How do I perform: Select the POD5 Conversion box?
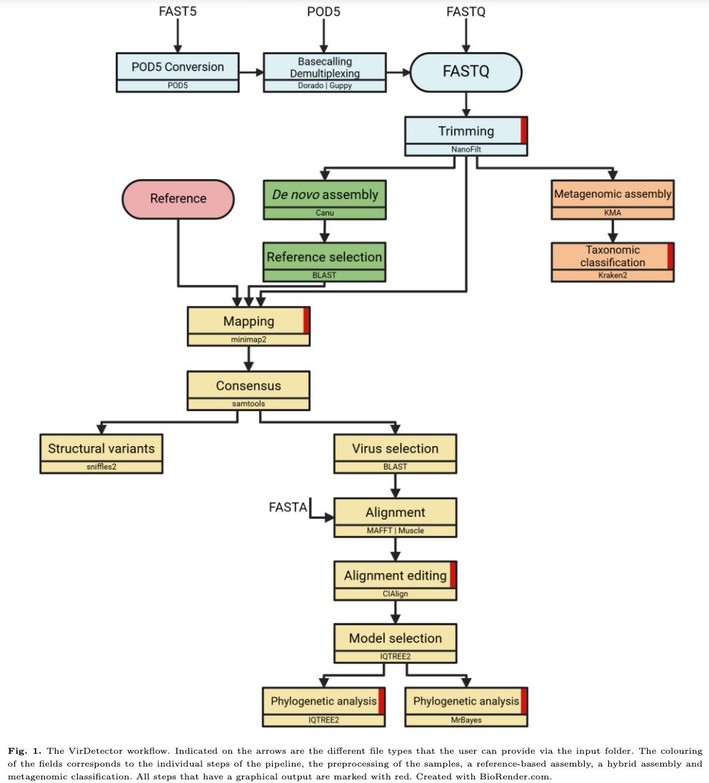coord(177,67)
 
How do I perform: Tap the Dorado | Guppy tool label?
coord(324,86)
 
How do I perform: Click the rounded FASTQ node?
coord(466,72)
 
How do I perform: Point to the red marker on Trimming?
coord(523,131)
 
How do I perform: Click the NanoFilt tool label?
coord(466,150)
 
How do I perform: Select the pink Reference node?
coord(178,198)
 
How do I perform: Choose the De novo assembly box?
coord(325,193)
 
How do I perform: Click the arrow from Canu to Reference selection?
coord(326,231)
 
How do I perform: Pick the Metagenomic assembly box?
coord(613,193)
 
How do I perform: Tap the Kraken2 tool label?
coord(613,275)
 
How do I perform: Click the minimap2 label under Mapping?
coord(248,340)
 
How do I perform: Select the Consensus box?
coord(248,385)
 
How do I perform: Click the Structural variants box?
coord(101,449)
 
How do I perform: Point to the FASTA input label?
coord(288,507)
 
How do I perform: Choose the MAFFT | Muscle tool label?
coord(395,531)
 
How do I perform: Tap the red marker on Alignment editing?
coord(453,575)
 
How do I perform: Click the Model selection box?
coord(395,638)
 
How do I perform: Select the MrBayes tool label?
coord(466,720)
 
